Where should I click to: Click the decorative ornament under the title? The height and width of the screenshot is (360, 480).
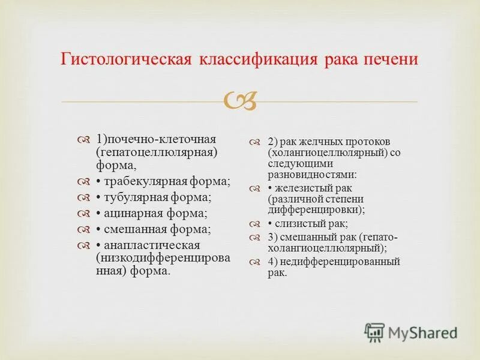240,101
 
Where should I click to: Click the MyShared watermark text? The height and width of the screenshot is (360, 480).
422,331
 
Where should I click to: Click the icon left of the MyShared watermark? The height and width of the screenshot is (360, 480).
374,332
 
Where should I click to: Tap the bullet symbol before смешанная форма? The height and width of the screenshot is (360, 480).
83,230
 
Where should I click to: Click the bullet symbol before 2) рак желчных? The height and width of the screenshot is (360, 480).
255,142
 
